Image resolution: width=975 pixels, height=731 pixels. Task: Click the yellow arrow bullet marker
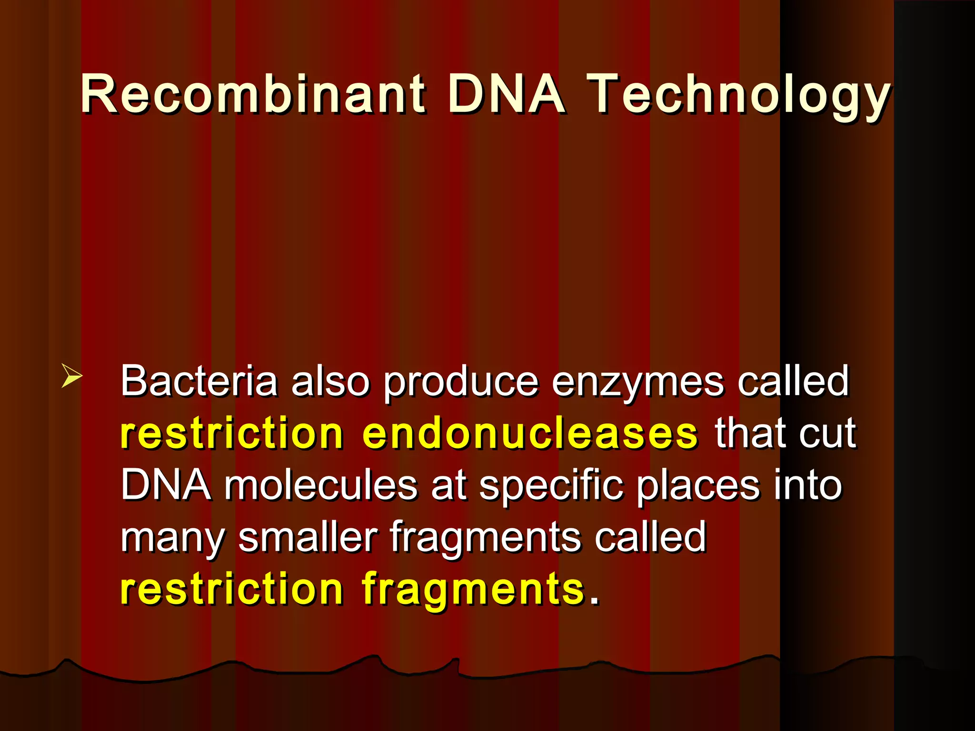coord(71,376)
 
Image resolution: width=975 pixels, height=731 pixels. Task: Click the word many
coord(172,538)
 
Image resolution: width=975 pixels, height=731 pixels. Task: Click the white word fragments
coord(486,538)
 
